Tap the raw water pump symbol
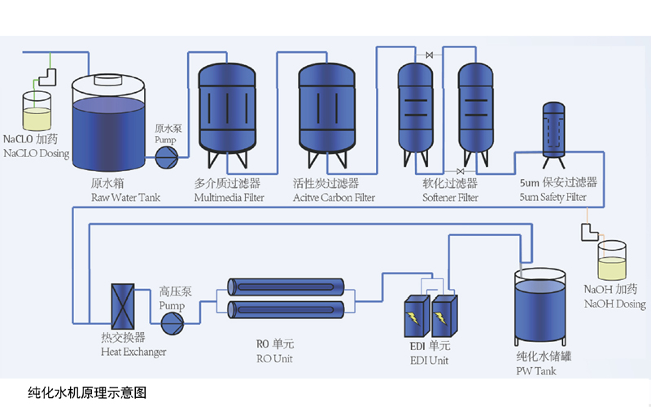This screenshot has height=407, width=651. pyautogui.click(x=166, y=153)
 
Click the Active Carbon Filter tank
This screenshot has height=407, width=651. pyautogui.click(x=327, y=106)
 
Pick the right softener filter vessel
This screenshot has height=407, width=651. pyautogui.click(x=474, y=106)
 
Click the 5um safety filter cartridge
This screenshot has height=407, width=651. pyautogui.click(x=557, y=130)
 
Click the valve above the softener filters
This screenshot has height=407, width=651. pyautogui.click(x=428, y=55)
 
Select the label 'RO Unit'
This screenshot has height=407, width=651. pyautogui.click(x=273, y=359)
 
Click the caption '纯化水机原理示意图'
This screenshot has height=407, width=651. pyautogui.click(x=86, y=391)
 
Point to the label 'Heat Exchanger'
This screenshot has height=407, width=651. pyautogui.click(x=133, y=352)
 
